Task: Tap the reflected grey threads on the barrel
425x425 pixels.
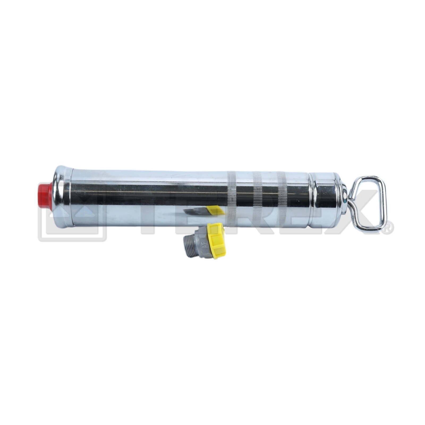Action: [195, 211]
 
